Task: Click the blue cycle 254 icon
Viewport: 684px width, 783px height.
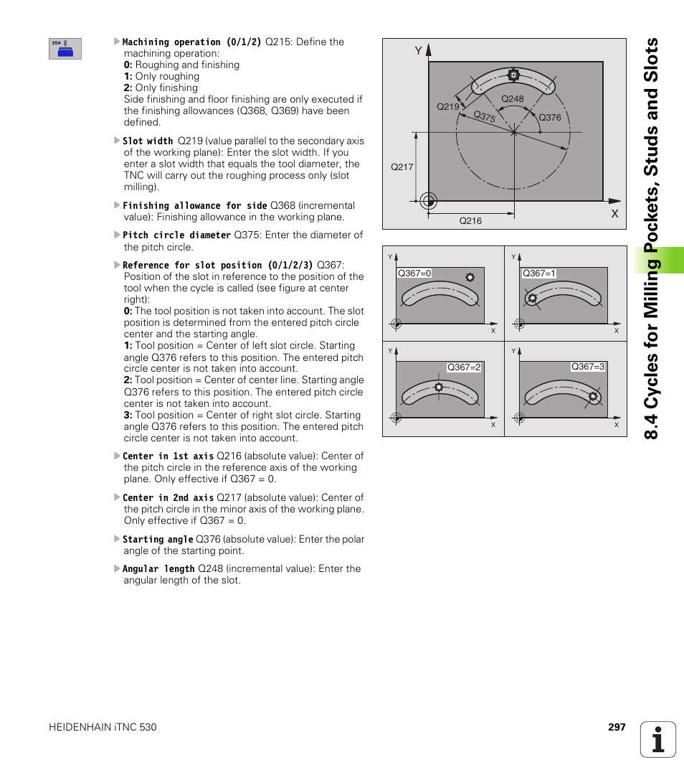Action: point(65,49)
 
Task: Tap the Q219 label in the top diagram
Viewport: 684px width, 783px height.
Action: point(447,106)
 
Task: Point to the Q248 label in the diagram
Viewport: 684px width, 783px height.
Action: point(512,99)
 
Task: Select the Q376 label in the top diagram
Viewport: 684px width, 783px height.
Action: point(549,118)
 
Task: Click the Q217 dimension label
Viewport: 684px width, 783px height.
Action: point(402,167)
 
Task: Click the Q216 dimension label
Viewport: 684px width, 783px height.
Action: point(470,221)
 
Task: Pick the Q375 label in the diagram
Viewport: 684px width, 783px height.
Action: point(485,116)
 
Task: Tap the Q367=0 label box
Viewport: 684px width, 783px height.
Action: point(414,273)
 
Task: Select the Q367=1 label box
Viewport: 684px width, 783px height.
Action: point(539,273)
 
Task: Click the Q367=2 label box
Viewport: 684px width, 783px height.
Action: point(464,367)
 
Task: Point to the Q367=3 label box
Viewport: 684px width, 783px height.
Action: point(588,367)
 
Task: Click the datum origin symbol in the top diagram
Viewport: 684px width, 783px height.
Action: point(428,200)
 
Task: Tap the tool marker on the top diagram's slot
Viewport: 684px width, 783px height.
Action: point(513,74)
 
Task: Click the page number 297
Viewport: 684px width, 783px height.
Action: point(617,727)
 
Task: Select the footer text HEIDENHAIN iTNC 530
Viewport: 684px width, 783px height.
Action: point(103,727)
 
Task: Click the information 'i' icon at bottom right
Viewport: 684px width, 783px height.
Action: point(658,739)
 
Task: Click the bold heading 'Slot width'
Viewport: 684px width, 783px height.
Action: point(148,141)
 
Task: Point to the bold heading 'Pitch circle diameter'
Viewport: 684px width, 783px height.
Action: point(176,235)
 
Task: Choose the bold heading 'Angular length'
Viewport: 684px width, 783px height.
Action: point(158,569)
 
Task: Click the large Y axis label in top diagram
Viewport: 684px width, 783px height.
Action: point(418,51)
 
